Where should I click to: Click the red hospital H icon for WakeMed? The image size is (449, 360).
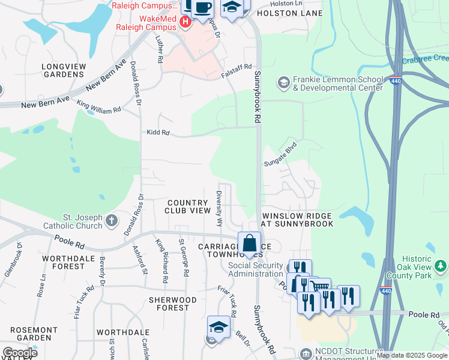185,22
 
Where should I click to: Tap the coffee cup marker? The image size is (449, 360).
203,8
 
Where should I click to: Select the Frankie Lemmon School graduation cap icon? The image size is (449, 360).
283,81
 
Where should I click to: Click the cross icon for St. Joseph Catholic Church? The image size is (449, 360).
111,221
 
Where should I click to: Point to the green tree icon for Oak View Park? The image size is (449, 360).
441,265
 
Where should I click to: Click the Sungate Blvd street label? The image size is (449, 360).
281,154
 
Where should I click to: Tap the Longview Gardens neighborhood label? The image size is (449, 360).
62,70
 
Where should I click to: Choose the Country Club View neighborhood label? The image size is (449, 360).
188,206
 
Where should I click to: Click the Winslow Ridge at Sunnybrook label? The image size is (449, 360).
297,220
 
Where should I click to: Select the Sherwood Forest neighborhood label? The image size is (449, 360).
172,304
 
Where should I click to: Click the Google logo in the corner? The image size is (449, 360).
20,353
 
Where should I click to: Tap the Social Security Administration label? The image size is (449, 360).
255,270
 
